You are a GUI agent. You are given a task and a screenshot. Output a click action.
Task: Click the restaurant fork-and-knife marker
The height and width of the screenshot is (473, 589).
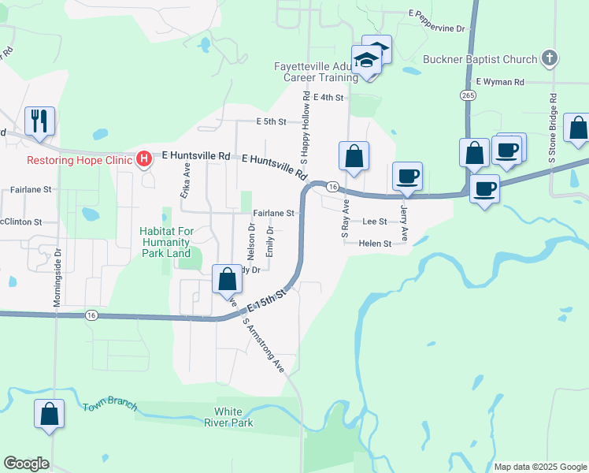pos(39,121)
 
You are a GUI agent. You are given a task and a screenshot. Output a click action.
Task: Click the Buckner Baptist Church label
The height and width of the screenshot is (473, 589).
pos(480,59)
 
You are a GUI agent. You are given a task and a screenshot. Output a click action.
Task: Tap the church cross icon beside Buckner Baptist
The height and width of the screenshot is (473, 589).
pos(550,58)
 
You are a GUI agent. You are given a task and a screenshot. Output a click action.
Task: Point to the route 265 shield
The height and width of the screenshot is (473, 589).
pos(469,95)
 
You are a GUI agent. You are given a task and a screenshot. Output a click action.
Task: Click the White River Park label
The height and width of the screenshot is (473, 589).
pos(234,417)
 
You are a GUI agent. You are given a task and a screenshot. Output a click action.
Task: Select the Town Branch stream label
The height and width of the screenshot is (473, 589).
pos(109,407)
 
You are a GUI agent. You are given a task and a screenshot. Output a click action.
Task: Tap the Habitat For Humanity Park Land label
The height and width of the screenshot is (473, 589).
pos(165,242)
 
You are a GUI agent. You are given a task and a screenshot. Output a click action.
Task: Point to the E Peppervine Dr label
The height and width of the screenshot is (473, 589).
pos(437,28)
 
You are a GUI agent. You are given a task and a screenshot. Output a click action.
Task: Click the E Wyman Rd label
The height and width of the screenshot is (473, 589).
pos(500,82)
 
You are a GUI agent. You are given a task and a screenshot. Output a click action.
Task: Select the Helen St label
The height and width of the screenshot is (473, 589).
pos(375,244)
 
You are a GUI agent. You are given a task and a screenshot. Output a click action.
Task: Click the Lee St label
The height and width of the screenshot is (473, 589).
pos(375,223)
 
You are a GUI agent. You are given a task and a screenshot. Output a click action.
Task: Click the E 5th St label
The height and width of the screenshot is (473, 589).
pos(272,122)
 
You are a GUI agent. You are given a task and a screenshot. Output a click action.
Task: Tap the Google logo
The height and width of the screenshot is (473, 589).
pos(26,464)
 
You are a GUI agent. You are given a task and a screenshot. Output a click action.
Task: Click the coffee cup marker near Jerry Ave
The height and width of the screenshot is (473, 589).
pos(407,177)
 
